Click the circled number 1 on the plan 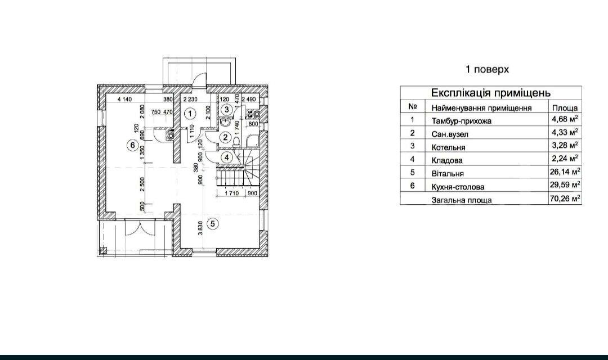[x=190, y=114]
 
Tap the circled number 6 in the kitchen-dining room [x=133, y=145]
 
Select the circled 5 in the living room [x=212, y=223]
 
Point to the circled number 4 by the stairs [x=227, y=157]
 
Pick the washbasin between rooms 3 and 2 [x=225, y=123]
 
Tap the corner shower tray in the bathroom [x=252, y=141]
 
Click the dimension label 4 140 [x=124, y=99]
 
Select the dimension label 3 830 [x=200, y=228]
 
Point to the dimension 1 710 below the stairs [x=231, y=193]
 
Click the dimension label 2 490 [x=249, y=99]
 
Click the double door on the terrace [x=138, y=228]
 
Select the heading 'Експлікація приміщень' [x=491, y=93]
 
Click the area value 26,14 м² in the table [x=565, y=171]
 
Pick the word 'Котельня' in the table [x=448, y=147]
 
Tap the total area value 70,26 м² [x=565, y=199]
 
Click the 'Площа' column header [x=565, y=108]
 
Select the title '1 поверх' [x=487, y=69]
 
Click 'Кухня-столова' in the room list [x=458, y=187]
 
